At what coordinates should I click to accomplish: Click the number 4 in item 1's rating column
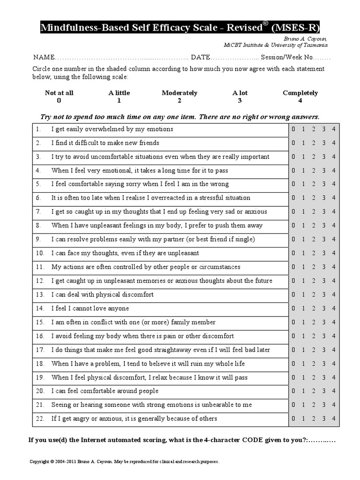click(x=334, y=129)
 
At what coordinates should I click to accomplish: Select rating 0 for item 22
click(x=293, y=419)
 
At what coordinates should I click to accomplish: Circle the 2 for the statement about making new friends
click(x=314, y=143)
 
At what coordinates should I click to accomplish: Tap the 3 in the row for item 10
click(x=324, y=253)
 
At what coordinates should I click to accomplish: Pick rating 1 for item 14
click(x=303, y=308)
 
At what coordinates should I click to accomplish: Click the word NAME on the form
click(x=44, y=58)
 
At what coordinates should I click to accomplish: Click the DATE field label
click(x=201, y=58)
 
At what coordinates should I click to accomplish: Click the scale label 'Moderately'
click(x=180, y=93)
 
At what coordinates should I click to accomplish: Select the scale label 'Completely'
click(x=300, y=93)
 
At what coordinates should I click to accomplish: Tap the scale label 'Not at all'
click(x=59, y=93)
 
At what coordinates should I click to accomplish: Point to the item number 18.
click(x=40, y=364)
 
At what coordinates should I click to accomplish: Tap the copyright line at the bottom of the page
click(x=124, y=462)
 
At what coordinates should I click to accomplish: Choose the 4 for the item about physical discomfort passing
click(x=334, y=377)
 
